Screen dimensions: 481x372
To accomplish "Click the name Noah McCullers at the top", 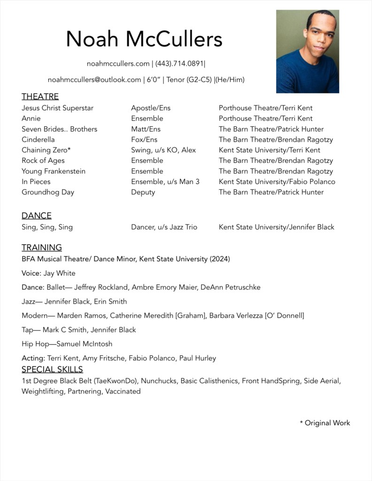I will tap(144, 39).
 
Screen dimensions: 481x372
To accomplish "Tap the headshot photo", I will tap(307, 51).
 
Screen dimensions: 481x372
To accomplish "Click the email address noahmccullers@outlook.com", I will tap(94, 80).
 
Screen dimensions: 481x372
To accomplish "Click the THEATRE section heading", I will tap(40, 97).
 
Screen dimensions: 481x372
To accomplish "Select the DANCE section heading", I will tap(37, 216).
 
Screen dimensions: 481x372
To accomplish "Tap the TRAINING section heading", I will tap(42, 248).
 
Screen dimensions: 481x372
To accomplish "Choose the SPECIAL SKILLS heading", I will tap(52, 369).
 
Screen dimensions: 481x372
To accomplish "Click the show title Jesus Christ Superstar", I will tap(57, 108).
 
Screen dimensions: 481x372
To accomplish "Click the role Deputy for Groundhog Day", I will tap(143, 192).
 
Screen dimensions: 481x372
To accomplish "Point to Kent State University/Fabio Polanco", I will tap(277, 182).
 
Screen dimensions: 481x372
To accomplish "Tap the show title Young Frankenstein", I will tap(54, 171).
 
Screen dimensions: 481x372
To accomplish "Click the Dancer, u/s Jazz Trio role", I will tap(164, 227).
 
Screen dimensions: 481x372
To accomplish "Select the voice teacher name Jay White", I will tap(60, 273).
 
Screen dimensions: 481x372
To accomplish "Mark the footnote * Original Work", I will tap(325, 423).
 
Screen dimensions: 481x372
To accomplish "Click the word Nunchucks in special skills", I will tap(159, 381).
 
